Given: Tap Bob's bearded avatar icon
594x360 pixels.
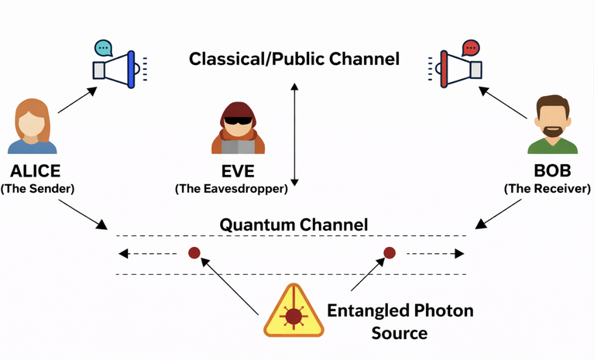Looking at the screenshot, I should [552, 126].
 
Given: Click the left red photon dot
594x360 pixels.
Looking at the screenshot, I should [194, 252].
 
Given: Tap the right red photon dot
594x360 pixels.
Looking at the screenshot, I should [390, 252].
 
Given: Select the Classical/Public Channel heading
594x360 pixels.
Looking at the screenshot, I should [294, 59].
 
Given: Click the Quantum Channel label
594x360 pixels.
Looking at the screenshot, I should [294, 225].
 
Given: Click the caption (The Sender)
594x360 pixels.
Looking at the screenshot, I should [43, 187].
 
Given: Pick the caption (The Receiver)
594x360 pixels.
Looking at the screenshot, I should [548, 187].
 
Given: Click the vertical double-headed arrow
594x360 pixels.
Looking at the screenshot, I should [294, 131].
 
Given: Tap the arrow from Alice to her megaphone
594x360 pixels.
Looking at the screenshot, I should [77, 101].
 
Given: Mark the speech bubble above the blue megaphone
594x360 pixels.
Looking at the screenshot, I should [103, 47].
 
